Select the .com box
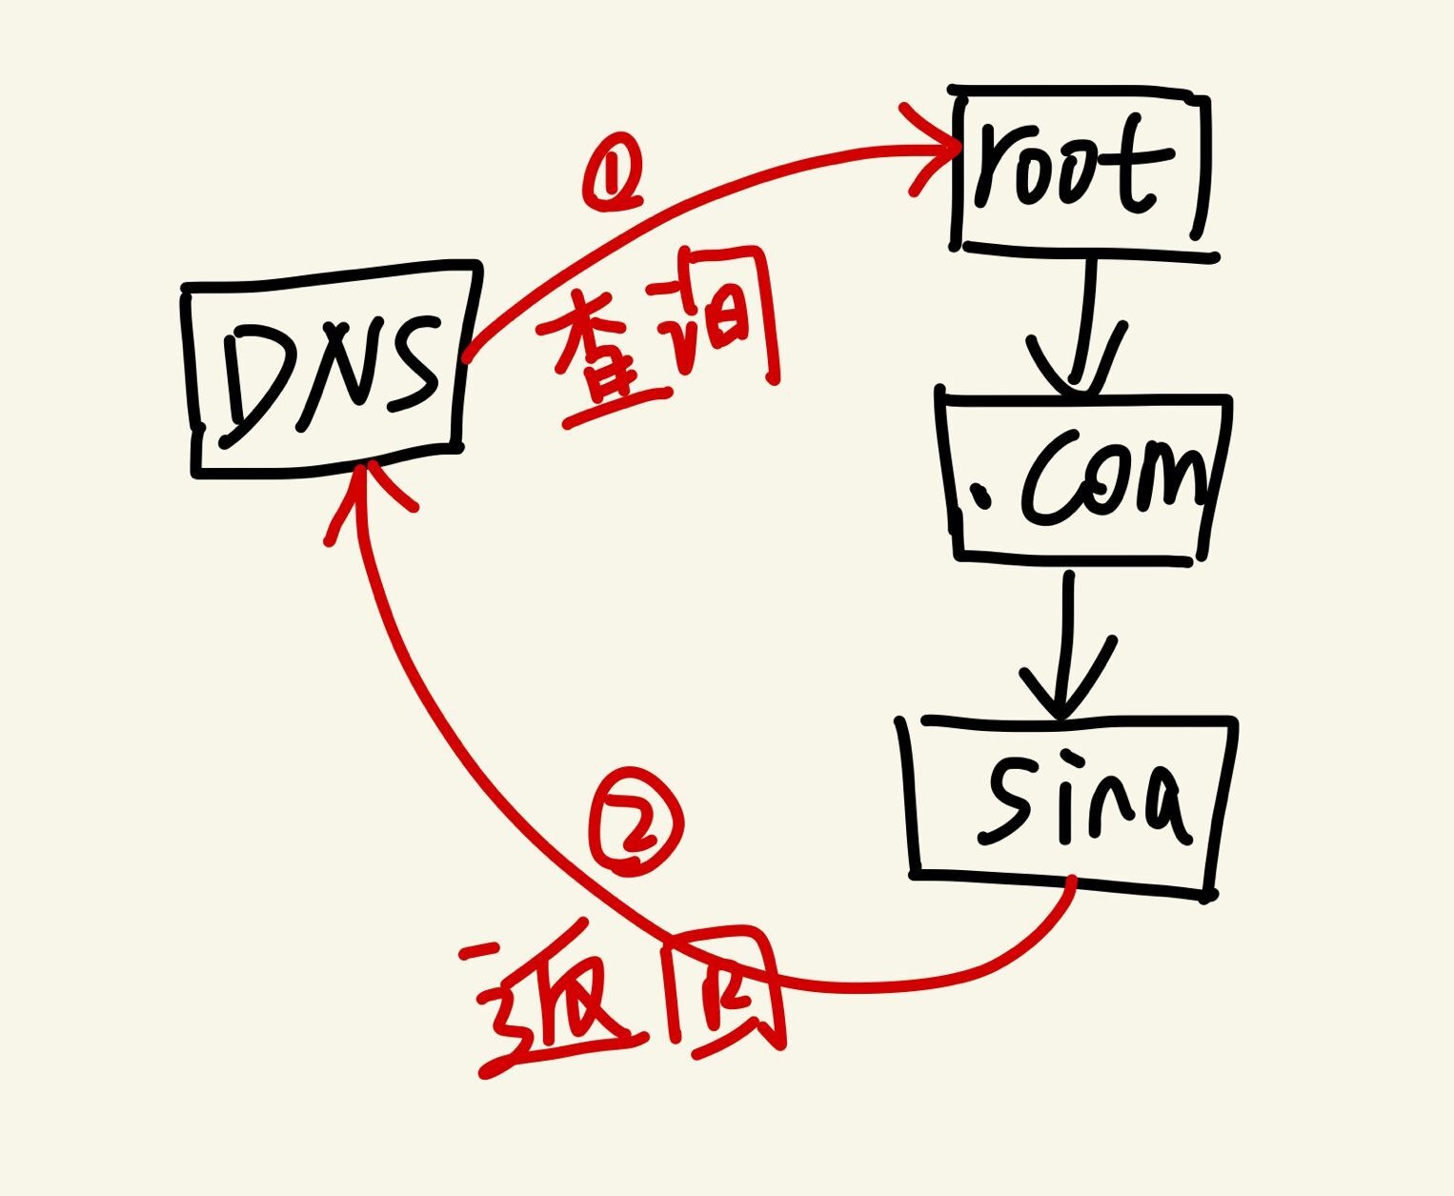pos(1086,476)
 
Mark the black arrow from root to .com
pos(1081,324)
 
